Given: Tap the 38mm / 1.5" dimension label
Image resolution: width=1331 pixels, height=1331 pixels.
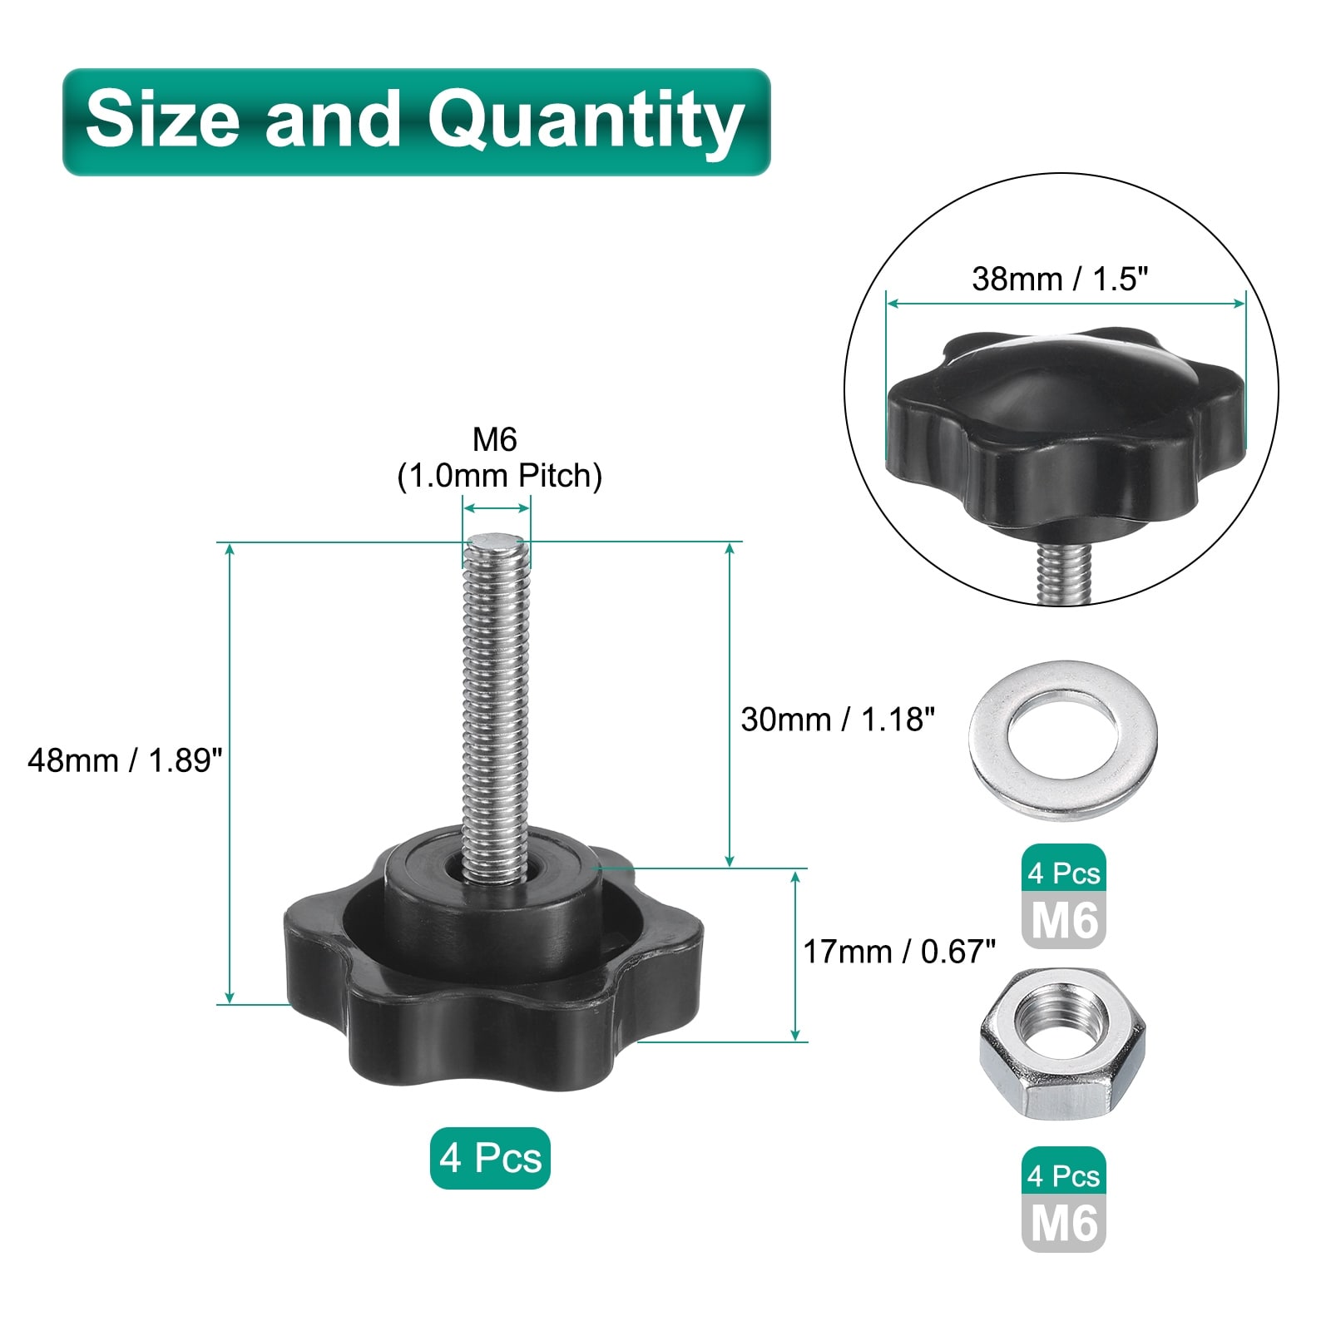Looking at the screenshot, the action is point(1060,279).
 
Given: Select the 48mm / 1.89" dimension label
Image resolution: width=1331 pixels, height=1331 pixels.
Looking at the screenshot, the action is point(126,760).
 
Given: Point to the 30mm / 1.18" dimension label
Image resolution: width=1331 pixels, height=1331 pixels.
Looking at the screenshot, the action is point(838,720).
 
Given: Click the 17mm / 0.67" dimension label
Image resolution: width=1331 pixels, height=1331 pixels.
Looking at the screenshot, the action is point(899,952).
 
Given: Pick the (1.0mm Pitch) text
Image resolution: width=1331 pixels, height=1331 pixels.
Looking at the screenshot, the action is point(500,476).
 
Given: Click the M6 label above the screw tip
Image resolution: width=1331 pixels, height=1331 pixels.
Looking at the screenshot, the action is point(495,438).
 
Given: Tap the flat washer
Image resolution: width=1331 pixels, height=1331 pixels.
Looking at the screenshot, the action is point(1062,740).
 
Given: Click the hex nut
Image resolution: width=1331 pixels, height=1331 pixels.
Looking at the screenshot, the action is point(1062,1043).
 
